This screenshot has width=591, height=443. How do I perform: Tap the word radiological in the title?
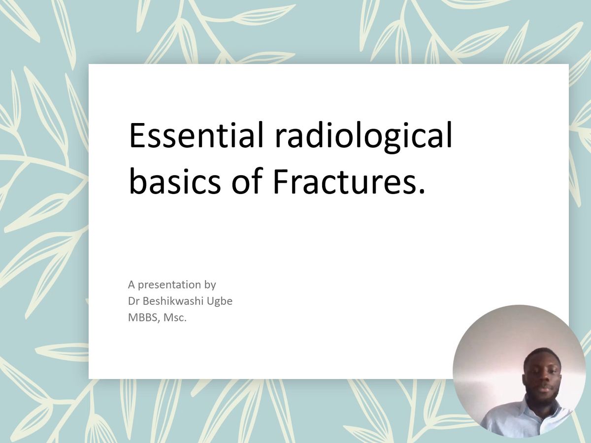(363, 137)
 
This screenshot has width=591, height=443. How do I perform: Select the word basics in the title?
(175, 180)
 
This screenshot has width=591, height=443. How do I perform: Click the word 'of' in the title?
(247, 180)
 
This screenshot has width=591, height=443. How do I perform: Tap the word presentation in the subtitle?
(169, 285)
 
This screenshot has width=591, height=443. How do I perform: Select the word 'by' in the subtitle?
(210, 285)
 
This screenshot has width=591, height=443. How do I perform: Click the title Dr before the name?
(133, 301)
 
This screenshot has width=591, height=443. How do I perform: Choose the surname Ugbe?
(220, 302)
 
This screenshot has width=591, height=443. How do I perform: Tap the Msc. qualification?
(175, 318)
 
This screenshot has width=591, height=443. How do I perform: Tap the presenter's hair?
(542, 354)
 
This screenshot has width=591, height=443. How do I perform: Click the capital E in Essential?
(137, 135)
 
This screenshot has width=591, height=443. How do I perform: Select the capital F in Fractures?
(281, 180)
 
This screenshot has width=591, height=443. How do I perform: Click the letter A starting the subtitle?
(131, 285)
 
